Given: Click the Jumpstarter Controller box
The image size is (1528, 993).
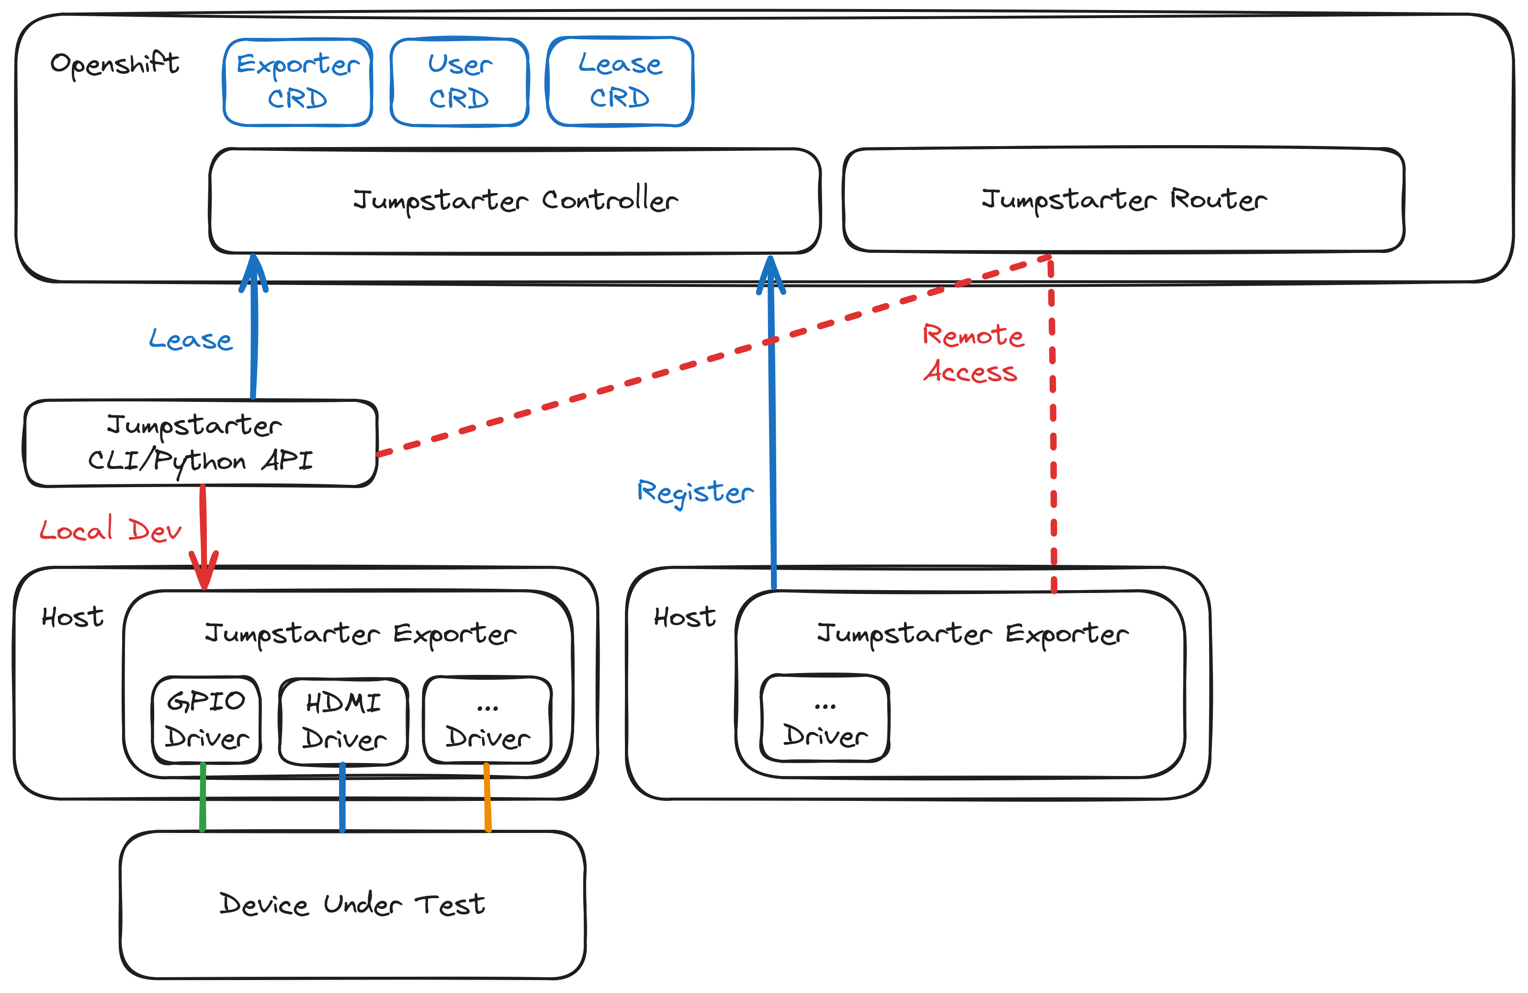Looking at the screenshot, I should pos(515,200).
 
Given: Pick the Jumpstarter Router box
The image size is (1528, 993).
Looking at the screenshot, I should pos(1123,200).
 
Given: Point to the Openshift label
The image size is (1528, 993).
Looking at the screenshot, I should pos(114,64).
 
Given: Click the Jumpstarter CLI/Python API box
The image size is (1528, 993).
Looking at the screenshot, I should pos(200,443).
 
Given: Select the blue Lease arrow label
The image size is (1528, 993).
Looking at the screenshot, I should pos(191,339).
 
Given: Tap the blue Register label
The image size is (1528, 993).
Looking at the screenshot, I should pos(695,492).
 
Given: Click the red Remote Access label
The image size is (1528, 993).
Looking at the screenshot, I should pos(972,353).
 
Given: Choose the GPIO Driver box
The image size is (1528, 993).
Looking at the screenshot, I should pos(206,719).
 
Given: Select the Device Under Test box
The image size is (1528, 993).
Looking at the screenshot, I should pos(352,904).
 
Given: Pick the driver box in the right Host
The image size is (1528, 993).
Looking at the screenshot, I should pos(825,719).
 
